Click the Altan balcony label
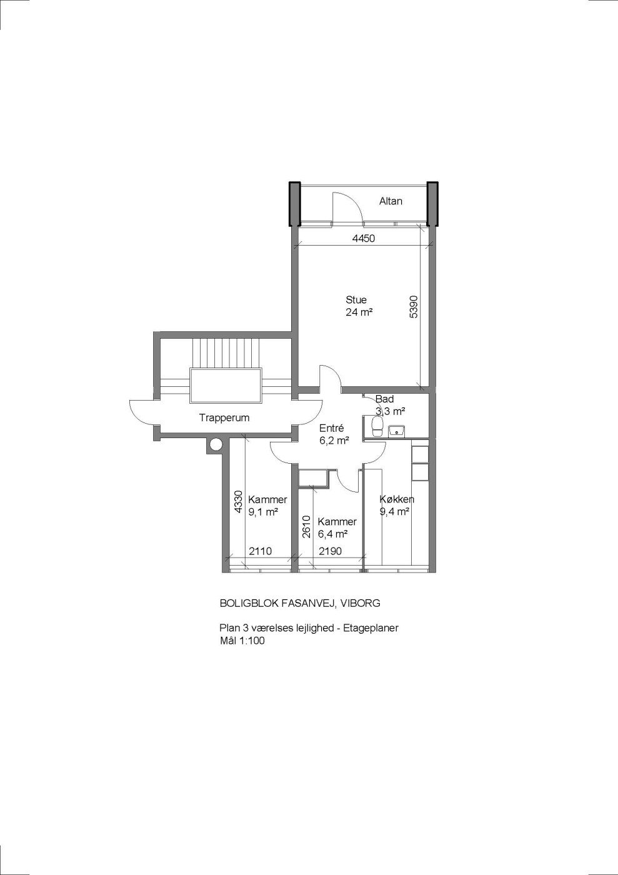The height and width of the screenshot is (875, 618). tap(391, 201)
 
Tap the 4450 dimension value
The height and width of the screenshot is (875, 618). tap(363, 238)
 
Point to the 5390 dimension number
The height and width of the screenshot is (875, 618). tap(414, 307)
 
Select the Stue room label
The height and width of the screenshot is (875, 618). tap(356, 299)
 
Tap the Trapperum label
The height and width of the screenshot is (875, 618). tap(224, 417)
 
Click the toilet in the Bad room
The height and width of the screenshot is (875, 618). tap(377, 426)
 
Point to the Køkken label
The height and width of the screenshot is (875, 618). tap(397, 499)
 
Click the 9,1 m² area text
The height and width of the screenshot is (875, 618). tap(263, 512)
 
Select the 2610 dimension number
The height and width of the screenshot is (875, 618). tap(306, 526)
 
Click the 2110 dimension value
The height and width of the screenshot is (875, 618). tap(260, 551)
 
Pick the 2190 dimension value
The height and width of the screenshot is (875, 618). tap(330, 551)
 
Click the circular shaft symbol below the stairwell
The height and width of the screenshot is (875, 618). tap(215, 444)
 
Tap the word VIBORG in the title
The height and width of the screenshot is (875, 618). tap(360, 603)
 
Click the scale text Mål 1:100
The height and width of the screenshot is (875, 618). tap(242, 640)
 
